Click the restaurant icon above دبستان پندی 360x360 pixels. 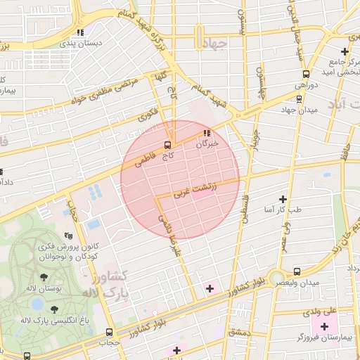coord(82,32)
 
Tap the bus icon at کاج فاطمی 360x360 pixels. coord(167,146)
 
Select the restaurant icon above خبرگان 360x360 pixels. coord(206,133)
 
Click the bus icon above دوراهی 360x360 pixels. coord(306,74)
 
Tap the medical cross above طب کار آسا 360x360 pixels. coord(283,200)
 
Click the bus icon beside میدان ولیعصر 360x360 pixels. coord(297,271)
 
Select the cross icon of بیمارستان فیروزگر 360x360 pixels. coord(324,327)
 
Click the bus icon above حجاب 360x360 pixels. coord(108,332)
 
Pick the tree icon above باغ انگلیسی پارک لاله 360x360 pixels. coord(54,309)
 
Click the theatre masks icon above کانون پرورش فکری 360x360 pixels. coord(68,236)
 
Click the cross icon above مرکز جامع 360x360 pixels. coord(345,51)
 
